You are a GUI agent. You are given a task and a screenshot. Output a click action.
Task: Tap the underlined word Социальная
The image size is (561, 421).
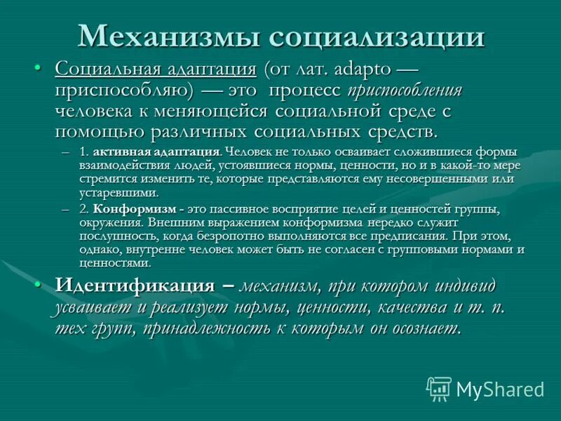pos(107,70)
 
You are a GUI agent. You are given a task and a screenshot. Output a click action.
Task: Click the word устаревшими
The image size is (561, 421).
pos(119,192)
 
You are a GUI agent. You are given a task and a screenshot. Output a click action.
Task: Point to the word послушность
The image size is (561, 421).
pos(116,237)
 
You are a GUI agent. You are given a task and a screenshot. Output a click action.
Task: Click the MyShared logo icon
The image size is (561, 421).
pos(439,389)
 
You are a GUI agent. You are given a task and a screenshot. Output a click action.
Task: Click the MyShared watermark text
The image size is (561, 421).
pos(500,389)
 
